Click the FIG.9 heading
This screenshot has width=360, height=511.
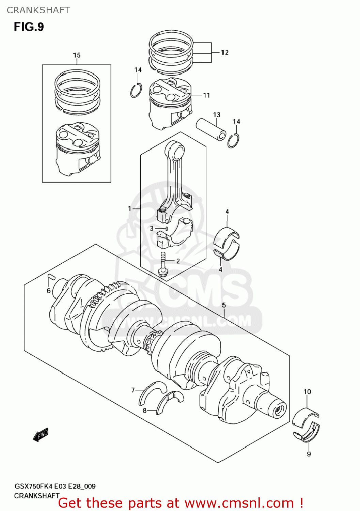pos(29,27)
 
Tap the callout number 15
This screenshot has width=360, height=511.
pos(77,55)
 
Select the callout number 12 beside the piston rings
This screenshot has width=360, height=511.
pos(224,52)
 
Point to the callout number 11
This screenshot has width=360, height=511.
pos(206,95)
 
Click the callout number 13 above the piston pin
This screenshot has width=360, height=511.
pos(217,115)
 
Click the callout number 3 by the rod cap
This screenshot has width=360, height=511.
pos(152,229)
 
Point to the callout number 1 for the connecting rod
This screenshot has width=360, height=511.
pos(129,208)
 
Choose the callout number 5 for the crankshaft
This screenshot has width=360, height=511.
pos(224,305)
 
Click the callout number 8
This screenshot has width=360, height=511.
pos(144,411)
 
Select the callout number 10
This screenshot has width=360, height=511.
pos(307,392)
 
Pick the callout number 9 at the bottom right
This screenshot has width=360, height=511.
pos(309,454)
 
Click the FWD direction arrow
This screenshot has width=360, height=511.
pos(41,435)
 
